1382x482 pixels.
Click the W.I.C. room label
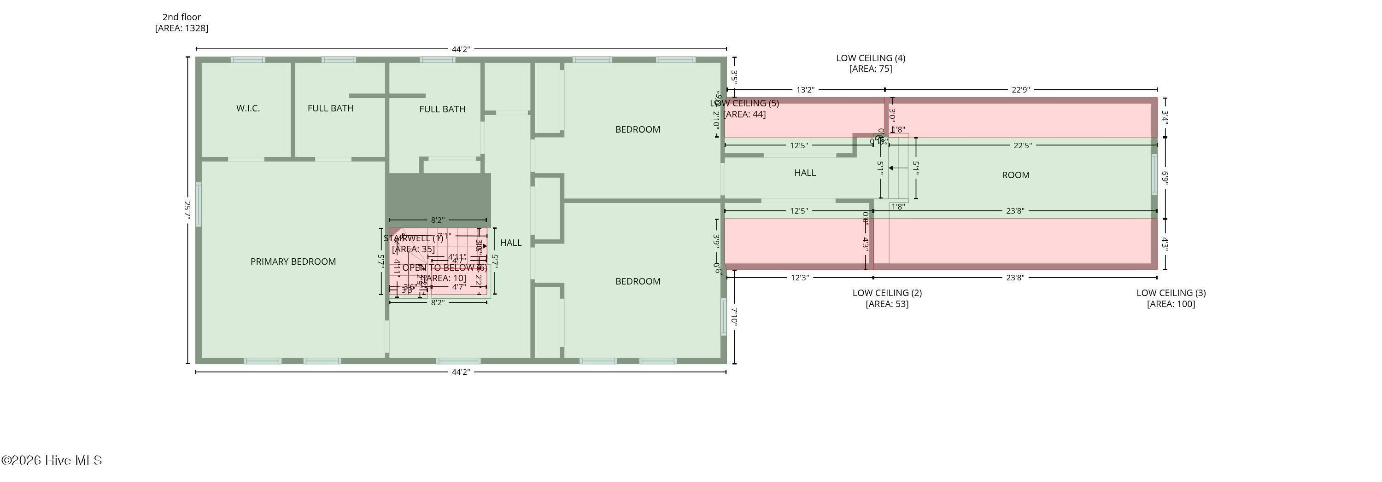click(x=248, y=108)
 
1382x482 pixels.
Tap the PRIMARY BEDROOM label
click(x=293, y=261)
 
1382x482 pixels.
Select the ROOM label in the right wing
click(x=1015, y=175)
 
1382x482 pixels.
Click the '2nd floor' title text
click(x=182, y=17)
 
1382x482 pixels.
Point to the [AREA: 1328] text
click(x=182, y=29)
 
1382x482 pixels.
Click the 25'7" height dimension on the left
click(x=187, y=210)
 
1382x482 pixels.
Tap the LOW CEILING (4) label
click(x=870, y=58)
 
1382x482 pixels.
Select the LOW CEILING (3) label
click(x=1171, y=293)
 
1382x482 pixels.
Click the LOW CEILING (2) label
click(x=887, y=293)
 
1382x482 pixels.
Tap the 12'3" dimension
click(x=799, y=278)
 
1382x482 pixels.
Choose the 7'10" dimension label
click(x=734, y=316)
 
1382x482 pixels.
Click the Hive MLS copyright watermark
click(x=52, y=460)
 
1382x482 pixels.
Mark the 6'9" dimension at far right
click(x=1165, y=177)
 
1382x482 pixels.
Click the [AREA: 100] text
click(x=1171, y=304)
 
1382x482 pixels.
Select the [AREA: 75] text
click(x=870, y=69)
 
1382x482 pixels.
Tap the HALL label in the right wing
click(x=805, y=173)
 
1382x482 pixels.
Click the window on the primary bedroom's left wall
click(x=199, y=204)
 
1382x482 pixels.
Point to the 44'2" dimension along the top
click(x=460, y=49)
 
